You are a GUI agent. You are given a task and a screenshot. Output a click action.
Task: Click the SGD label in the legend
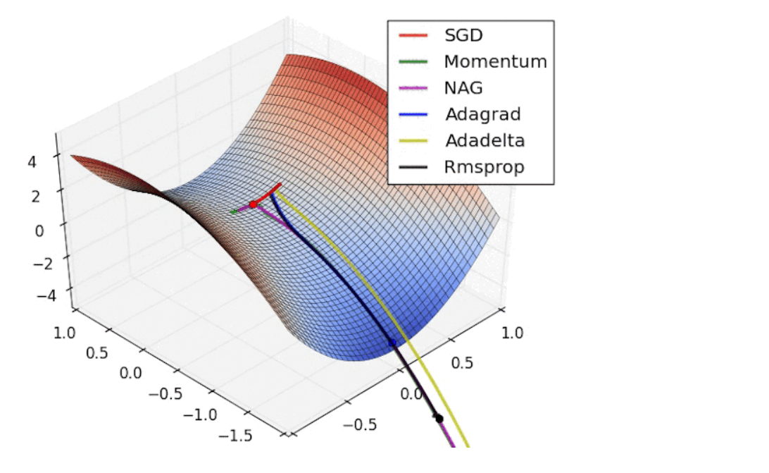[463, 35]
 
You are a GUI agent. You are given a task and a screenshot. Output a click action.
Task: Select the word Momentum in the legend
[495, 61]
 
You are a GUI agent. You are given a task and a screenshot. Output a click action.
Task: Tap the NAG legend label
[463, 88]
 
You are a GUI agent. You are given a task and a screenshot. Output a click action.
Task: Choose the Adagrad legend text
[482, 114]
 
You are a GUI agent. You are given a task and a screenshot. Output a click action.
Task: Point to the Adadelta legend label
[484, 140]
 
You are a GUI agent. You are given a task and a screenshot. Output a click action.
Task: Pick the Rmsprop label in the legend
[484, 167]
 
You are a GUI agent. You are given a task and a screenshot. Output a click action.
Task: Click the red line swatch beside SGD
[413, 35]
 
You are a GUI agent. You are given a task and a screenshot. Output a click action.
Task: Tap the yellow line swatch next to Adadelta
[413, 140]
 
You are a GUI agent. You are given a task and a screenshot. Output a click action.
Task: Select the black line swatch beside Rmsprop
[413, 167]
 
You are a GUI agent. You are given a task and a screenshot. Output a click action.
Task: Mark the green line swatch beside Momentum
[413, 61]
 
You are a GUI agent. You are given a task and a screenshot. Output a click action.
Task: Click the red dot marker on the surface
[253, 204]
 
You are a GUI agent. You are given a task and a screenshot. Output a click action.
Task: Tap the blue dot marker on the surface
[392, 343]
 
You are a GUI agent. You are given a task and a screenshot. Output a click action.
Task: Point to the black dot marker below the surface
[439, 419]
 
